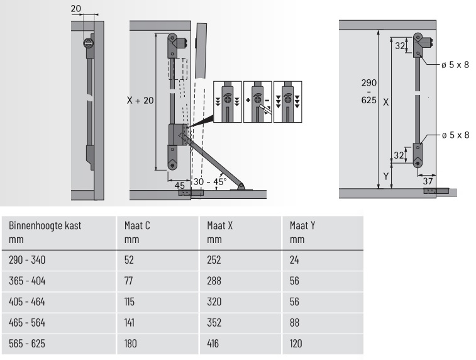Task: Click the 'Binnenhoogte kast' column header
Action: click(45, 225)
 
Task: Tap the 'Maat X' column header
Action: click(220, 225)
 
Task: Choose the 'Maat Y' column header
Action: click(302, 225)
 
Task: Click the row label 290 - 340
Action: click(28, 259)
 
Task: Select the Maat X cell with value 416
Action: click(214, 345)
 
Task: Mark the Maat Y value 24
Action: click(296, 259)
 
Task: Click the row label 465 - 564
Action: click(28, 323)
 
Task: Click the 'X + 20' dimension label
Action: click(140, 99)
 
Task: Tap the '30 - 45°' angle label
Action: click(209, 181)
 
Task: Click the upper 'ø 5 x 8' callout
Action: click(455, 64)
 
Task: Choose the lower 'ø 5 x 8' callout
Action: click(455, 135)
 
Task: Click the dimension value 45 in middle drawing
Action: click(180, 184)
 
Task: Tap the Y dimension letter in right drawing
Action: click(385, 176)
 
